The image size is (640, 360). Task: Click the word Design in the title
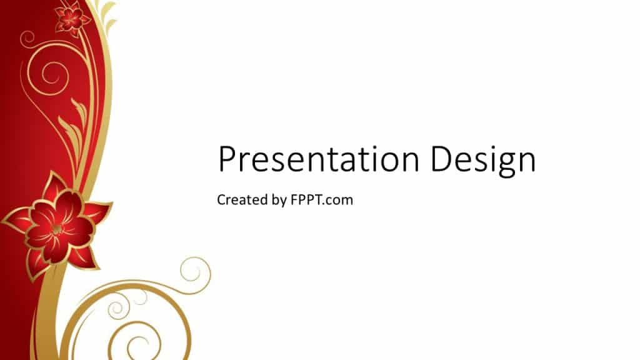pyautogui.click(x=482, y=161)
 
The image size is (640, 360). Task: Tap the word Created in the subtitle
pyautogui.click(x=239, y=199)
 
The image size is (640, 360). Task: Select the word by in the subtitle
pyautogui.click(x=276, y=201)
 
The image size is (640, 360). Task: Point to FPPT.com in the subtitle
pyautogui.click(x=322, y=200)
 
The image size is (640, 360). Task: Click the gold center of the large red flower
pyautogui.click(x=57, y=229)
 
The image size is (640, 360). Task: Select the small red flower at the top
pyautogui.click(x=72, y=18)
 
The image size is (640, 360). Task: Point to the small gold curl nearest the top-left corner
pyautogui.click(x=27, y=39)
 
